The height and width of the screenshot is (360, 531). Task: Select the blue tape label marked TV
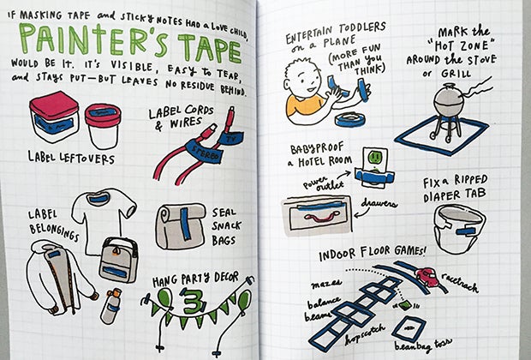click(x=230, y=138)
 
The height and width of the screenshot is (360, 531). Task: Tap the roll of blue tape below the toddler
click(x=351, y=119)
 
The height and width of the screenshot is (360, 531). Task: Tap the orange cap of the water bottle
click(x=116, y=292)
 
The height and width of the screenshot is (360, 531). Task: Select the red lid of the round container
click(x=103, y=115)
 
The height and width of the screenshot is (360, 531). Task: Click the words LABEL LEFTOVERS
click(x=71, y=158)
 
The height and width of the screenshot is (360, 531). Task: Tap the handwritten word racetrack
click(x=460, y=282)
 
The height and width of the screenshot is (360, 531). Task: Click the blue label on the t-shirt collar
click(x=98, y=198)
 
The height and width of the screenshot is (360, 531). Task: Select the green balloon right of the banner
click(x=244, y=300)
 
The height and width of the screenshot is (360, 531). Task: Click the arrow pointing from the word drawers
click(x=358, y=213)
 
